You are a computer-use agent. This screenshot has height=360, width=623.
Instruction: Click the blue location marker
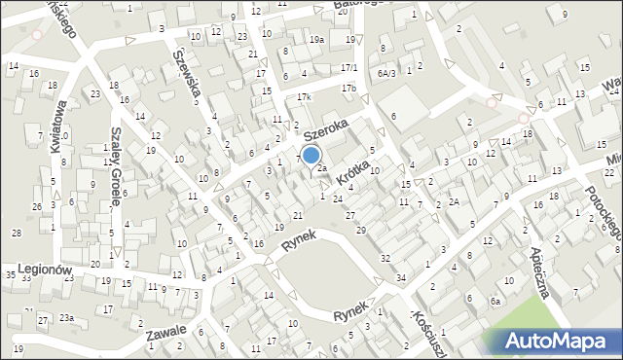click(x=311, y=155)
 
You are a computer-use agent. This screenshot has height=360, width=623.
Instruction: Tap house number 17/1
click(x=349, y=67)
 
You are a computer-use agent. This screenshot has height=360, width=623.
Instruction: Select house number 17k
click(x=304, y=97)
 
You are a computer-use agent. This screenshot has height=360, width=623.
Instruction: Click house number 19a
click(x=316, y=39)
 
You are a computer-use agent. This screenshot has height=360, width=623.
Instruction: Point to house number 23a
click(x=66, y=318)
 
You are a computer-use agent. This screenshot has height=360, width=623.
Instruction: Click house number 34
click(x=400, y=278)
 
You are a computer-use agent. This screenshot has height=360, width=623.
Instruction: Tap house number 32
click(x=385, y=258)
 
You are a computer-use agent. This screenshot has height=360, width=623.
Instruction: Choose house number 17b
click(x=348, y=89)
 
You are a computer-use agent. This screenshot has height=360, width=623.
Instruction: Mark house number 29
click(x=361, y=230)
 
